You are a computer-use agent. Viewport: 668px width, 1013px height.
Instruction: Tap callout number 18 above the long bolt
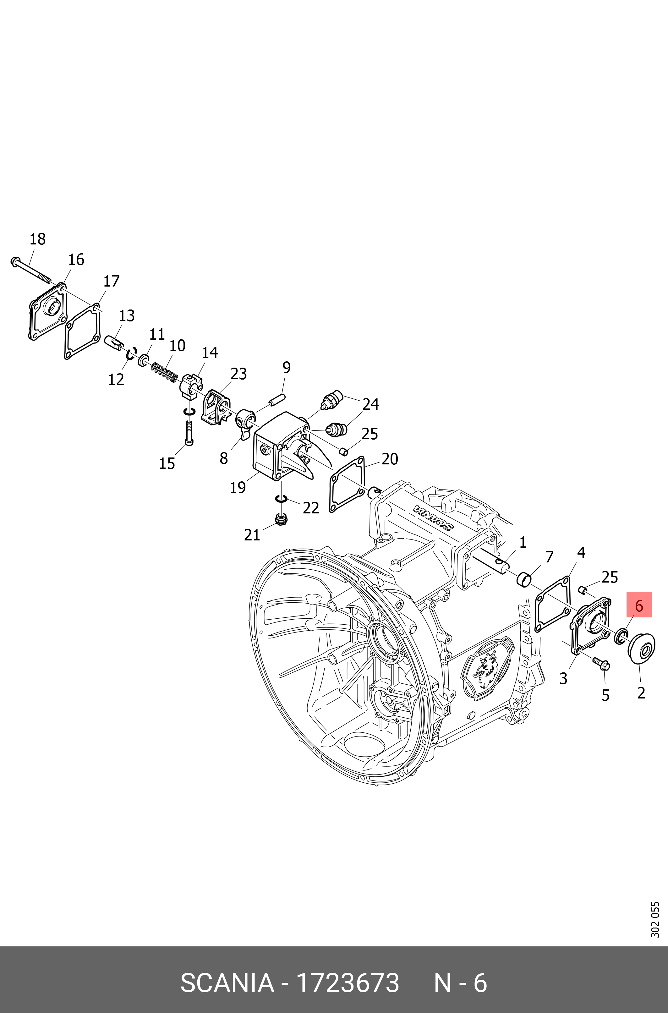pyautogui.click(x=37, y=239)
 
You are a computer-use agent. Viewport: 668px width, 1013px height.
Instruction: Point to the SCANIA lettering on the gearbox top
pyautogui.click(x=433, y=518)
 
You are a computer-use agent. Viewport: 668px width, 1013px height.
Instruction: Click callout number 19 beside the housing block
pyautogui.click(x=238, y=487)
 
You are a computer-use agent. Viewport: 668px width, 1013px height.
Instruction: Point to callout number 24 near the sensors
pyautogui.click(x=370, y=404)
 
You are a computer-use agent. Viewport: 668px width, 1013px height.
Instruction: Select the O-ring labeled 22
pyautogui.click(x=281, y=498)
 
